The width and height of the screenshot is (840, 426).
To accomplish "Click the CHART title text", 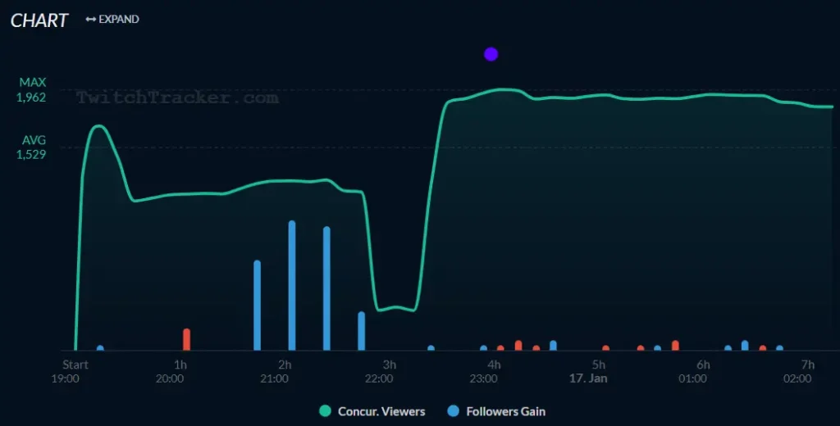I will (x=39, y=20).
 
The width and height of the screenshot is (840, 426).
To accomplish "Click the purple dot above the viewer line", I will (x=491, y=54).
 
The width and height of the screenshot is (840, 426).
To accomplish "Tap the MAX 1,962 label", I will (x=33, y=90).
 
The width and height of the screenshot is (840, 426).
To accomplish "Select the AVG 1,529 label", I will (x=33, y=147).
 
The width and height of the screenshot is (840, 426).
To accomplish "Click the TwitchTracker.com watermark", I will (x=177, y=98).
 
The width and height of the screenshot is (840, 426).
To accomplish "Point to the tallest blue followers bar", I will (x=291, y=285).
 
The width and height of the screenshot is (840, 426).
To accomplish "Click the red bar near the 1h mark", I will (x=186, y=339).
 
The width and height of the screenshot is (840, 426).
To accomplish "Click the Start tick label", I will (x=75, y=365).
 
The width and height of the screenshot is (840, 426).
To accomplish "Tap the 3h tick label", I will (x=390, y=365).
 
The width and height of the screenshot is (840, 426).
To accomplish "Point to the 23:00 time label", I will (x=483, y=378).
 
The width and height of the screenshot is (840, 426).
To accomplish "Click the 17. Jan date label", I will (x=588, y=378).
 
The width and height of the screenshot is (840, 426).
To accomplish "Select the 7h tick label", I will (x=808, y=365).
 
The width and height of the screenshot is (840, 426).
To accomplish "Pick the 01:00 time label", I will (x=693, y=378).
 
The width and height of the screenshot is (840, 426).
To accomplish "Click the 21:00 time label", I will (x=274, y=378).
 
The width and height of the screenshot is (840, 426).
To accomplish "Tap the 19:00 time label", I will (x=65, y=378).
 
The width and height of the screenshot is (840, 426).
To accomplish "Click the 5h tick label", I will (x=599, y=365).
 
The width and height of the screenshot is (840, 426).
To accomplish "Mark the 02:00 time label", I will (x=797, y=378).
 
